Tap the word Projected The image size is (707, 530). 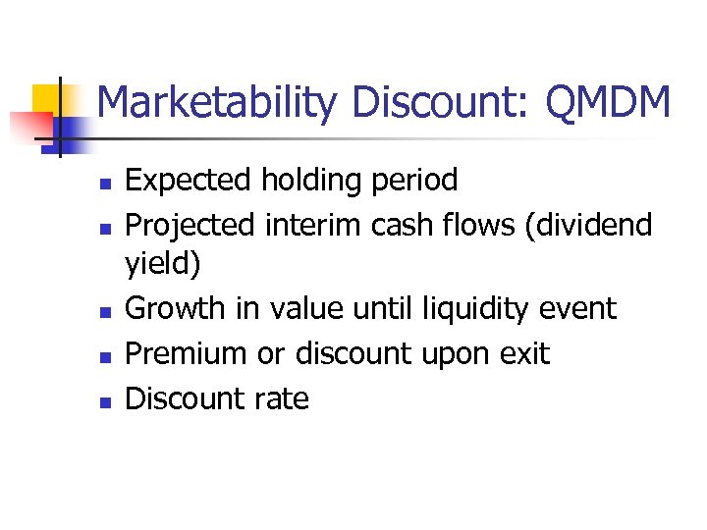pyautogui.click(x=191, y=225)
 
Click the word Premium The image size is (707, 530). pyautogui.click(x=188, y=354)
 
